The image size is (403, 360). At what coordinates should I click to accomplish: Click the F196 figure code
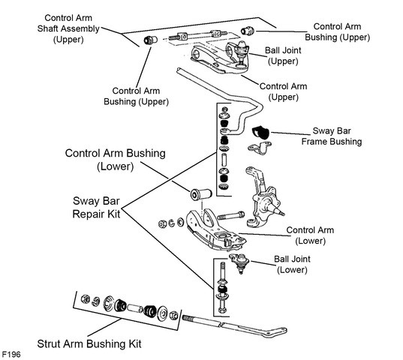click(x=11, y=354)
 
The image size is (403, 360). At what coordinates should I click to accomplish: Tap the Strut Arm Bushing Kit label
click(x=89, y=343)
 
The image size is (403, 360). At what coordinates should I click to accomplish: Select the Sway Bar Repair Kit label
click(x=96, y=208)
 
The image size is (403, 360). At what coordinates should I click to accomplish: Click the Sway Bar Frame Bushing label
click(x=332, y=136)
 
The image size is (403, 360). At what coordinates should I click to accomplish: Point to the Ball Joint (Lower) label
click(x=292, y=264)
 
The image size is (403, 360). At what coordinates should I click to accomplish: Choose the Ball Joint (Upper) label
click(x=283, y=55)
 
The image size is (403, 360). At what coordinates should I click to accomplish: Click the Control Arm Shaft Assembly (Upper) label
click(x=68, y=28)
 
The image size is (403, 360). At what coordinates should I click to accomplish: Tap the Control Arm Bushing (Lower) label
click(x=115, y=160)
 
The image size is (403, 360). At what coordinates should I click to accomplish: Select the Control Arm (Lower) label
click(x=310, y=235)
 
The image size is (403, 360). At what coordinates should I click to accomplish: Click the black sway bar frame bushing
click(x=260, y=133)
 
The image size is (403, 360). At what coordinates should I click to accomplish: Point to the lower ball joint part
click(x=239, y=262)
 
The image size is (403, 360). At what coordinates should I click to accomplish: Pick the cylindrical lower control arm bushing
click(x=201, y=194)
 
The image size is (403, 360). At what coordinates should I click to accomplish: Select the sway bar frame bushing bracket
click(x=260, y=148)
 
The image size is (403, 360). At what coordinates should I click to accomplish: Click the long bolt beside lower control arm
click(x=231, y=215)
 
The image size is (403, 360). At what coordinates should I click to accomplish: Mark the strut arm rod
click(x=234, y=326)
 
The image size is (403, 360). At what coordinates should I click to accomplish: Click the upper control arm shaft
click(x=198, y=35)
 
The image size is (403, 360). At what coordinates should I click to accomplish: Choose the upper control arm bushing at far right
click(x=247, y=31)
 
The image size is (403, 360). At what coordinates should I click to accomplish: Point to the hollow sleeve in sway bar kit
click(x=224, y=160)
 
